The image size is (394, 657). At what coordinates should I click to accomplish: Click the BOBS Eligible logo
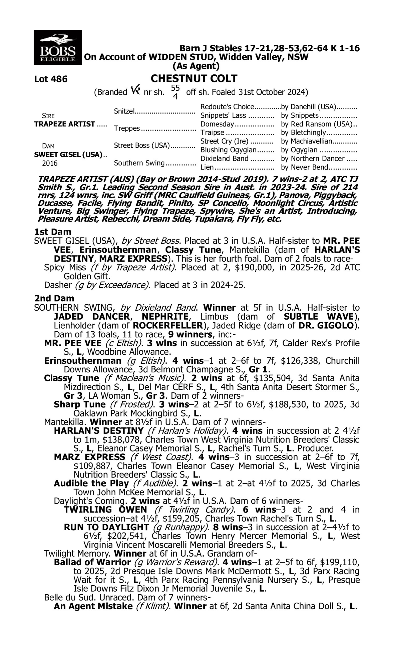(x=58, y=47)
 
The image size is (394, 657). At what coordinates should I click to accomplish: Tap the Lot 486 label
(x=51, y=79)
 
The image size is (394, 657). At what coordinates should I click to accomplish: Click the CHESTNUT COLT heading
(x=194, y=79)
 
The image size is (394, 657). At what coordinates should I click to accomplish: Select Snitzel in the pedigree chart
(x=124, y=111)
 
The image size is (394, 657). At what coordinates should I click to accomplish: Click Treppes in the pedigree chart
(x=127, y=129)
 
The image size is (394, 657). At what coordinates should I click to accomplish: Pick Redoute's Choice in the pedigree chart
(x=227, y=107)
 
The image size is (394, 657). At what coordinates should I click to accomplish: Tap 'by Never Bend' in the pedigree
(x=304, y=167)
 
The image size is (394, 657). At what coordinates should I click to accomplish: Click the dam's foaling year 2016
(x=50, y=163)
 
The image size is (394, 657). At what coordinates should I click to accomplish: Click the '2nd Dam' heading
(x=54, y=299)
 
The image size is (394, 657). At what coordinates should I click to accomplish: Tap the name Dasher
(x=58, y=285)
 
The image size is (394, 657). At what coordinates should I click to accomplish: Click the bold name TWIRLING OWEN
(x=105, y=510)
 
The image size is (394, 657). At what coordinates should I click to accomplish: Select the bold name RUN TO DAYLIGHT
(x=106, y=527)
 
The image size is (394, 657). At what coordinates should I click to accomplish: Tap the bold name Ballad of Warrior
(x=92, y=562)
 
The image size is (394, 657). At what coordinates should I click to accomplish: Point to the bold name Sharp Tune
(x=80, y=404)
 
